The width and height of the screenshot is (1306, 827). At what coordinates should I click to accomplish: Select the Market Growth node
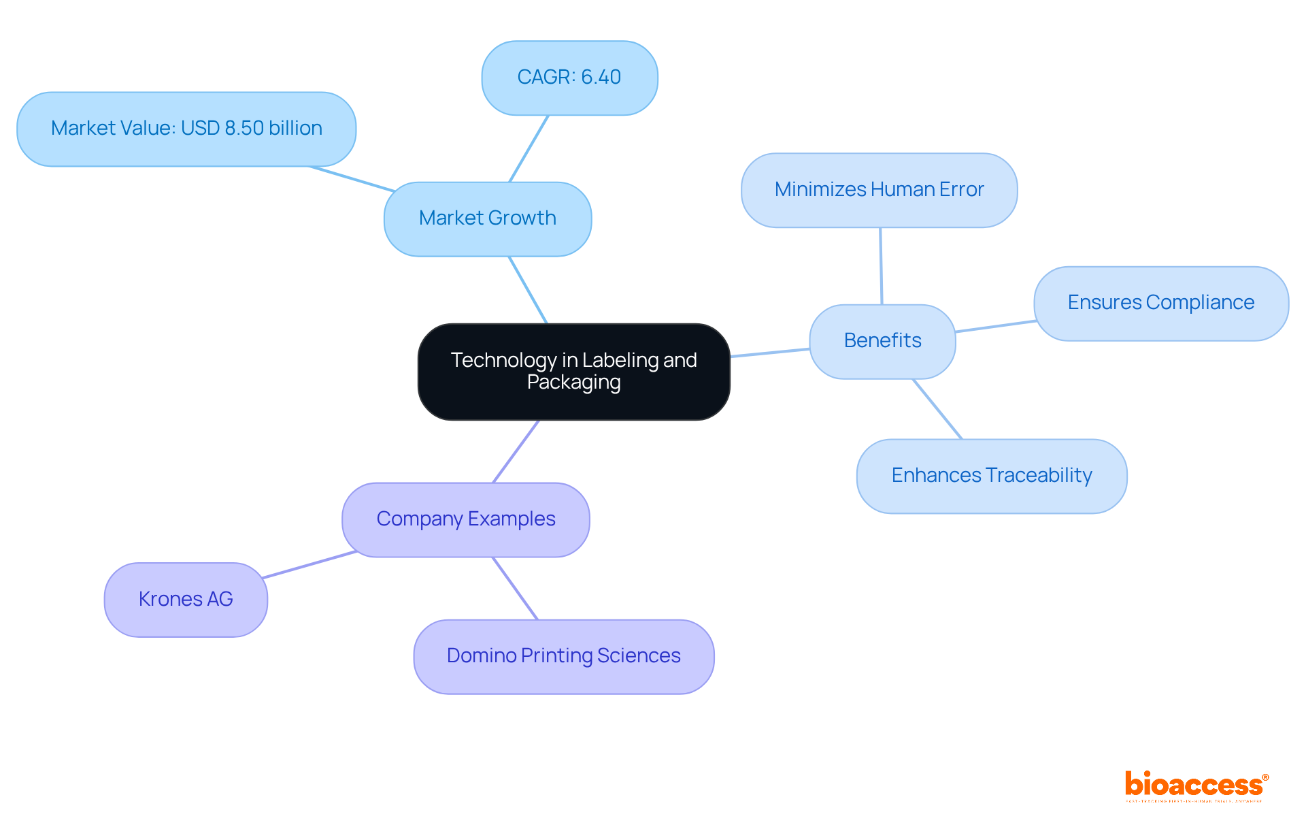click(487, 218)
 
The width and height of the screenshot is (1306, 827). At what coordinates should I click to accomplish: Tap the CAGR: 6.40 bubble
click(569, 78)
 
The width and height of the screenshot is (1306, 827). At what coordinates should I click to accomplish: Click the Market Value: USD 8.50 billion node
click(186, 129)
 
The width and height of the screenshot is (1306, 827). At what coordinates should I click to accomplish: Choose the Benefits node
click(882, 341)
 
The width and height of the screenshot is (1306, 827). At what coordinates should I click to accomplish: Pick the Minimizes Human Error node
click(879, 190)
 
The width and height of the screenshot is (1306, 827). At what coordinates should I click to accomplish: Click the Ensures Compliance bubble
click(1160, 303)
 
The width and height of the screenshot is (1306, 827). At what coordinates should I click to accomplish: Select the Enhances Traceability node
click(991, 476)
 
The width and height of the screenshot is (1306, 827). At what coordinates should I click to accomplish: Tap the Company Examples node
click(465, 519)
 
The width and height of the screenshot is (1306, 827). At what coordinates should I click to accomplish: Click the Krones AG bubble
click(186, 600)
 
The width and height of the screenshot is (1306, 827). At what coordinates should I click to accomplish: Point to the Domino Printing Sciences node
click(563, 656)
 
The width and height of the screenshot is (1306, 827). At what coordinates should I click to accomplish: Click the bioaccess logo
click(1196, 785)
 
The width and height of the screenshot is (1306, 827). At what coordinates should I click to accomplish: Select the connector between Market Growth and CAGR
click(529, 148)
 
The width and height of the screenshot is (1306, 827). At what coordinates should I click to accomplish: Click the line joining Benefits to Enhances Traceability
click(937, 409)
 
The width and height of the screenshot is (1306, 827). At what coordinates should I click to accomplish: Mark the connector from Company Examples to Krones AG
click(309, 565)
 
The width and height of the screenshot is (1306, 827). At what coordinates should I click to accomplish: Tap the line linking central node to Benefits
click(769, 353)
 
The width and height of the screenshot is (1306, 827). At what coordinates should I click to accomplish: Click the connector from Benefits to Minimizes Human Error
click(881, 266)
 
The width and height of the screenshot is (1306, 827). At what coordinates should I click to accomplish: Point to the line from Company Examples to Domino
click(515, 588)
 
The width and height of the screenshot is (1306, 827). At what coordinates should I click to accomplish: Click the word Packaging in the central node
click(573, 383)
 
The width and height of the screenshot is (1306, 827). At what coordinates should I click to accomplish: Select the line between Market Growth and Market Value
click(352, 179)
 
